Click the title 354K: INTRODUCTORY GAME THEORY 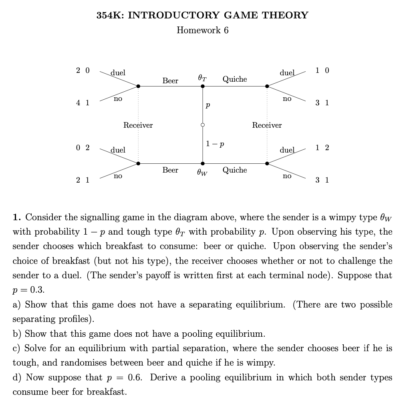pos(203,16)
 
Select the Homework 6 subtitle pos(203,30)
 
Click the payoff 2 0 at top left pos(83,71)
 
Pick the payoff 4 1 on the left pos(83,103)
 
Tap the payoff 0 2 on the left pos(83,148)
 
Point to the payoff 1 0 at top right pos(322,71)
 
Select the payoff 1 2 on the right pos(322,148)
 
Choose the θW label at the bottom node pos(202,173)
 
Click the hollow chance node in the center pos(203,125)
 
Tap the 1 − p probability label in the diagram pos(215,143)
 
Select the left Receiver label pos(138,125)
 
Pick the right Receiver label pos(267,125)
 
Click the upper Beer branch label pos(170,81)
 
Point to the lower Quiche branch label pos(235,170)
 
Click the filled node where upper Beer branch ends pos(138,86)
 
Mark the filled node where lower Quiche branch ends pos(267,163)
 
